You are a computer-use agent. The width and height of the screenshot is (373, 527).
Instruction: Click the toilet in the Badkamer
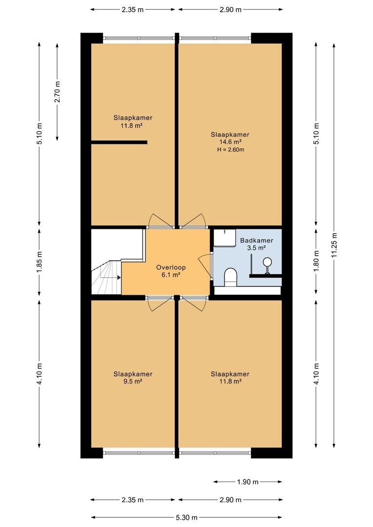(231, 277)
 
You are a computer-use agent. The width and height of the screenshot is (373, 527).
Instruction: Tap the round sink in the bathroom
(268, 262)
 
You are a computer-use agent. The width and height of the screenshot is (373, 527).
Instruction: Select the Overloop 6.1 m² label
(171, 271)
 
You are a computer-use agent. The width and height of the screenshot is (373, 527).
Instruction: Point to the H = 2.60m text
(231, 150)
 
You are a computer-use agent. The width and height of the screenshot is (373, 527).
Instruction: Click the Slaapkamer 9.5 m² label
(132, 377)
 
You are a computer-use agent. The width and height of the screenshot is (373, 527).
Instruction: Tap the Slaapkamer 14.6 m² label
(230, 138)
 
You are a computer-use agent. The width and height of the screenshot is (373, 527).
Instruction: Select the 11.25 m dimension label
(334, 245)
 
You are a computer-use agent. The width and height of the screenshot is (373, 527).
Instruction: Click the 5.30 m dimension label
(186, 517)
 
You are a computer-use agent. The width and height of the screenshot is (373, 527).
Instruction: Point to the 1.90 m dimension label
(248, 482)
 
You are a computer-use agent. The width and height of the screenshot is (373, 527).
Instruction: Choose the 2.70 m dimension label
(58, 92)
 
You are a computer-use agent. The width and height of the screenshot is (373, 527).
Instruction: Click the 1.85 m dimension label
(40, 262)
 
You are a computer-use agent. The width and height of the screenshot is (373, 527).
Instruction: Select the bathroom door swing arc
(203, 266)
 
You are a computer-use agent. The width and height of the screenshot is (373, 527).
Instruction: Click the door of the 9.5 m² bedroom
(160, 304)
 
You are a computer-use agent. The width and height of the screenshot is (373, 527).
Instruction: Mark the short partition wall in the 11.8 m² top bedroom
(119, 142)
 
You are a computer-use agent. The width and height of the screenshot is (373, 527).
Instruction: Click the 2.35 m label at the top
(132, 9)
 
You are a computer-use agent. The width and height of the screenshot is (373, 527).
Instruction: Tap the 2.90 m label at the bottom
(230, 500)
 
